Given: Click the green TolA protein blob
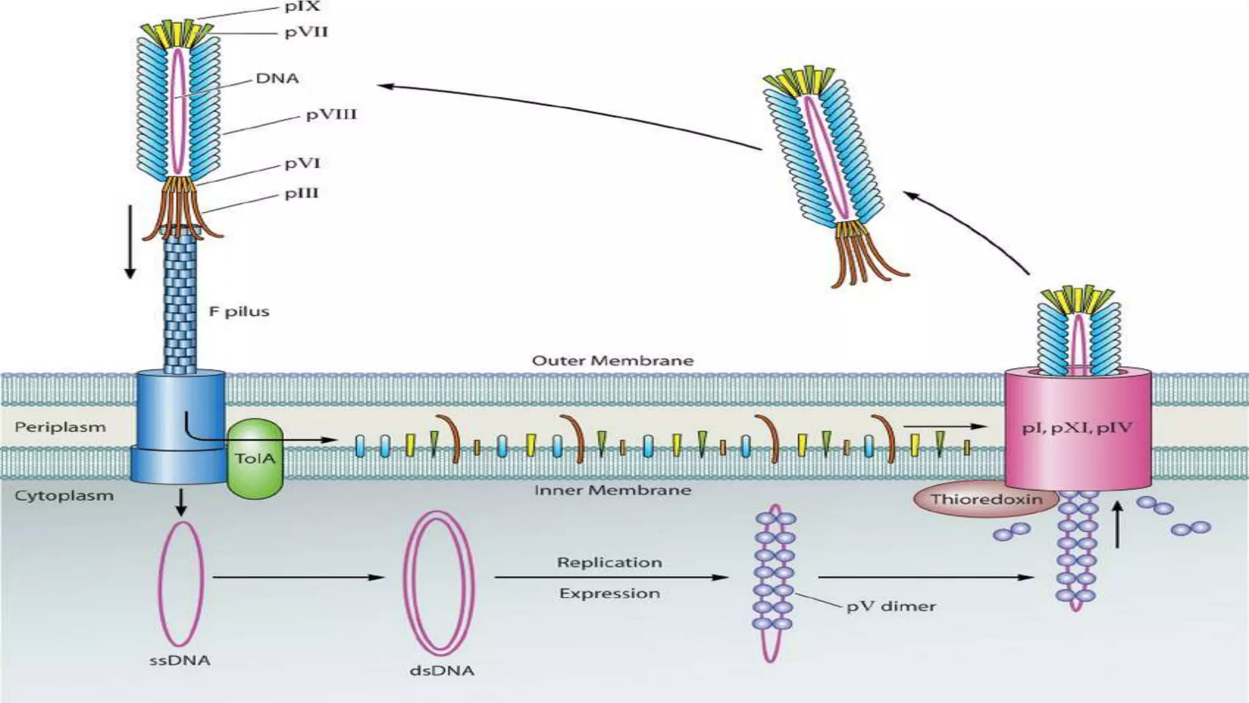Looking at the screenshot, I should pyautogui.click(x=255, y=459).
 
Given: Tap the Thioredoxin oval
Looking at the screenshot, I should pyautogui.click(x=986, y=500).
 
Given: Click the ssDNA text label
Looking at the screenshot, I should pyautogui.click(x=180, y=661).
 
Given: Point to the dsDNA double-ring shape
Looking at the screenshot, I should pyautogui.click(x=438, y=583).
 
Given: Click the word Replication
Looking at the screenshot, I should pyautogui.click(x=609, y=563).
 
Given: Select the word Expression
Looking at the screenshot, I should pyautogui.click(x=609, y=594).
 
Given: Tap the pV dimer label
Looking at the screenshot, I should pyautogui.click(x=891, y=607).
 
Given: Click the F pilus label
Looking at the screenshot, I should pyautogui.click(x=239, y=312).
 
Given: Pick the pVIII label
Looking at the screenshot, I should pyautogui.click(x=331, y=115).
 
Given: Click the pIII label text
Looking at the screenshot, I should pyautogui.click(x=302, y=193).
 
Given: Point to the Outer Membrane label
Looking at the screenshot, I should pyautogui.click(x=612, y=361).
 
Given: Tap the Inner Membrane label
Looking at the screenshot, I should pyautogui.click(x=612, y=490).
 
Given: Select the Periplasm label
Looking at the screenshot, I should pyautogui.click(x=60, y=427).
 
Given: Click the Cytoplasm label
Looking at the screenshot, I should pyautogui.click(x=64, y=496).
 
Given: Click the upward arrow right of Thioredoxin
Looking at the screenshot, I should pyautogui.click(x=1117, y=524).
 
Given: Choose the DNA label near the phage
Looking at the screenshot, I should pyautogui.click(x=277, y=79).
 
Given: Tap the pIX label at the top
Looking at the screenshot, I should pyautogui.click(x=302, y=7).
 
